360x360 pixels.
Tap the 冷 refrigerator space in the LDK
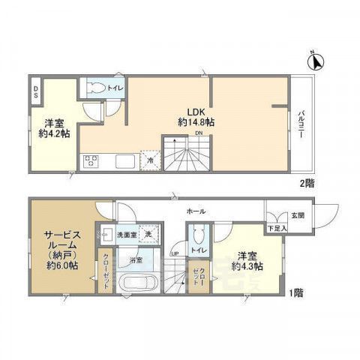pyautogui.click(x=150, y=160)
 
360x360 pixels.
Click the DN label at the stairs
pyautogui.click(x=198, y=134)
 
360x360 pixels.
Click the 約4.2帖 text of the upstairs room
pyautogui.click(x=54, y=135)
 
